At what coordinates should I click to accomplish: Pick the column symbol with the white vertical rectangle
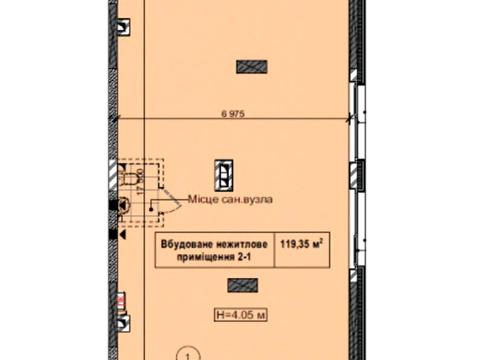pos(227,174)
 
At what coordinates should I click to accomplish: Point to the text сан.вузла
pos(244,199)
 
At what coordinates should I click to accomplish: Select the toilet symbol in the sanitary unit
pos(122,206)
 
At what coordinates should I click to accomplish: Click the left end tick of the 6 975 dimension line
pos(118,121)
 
